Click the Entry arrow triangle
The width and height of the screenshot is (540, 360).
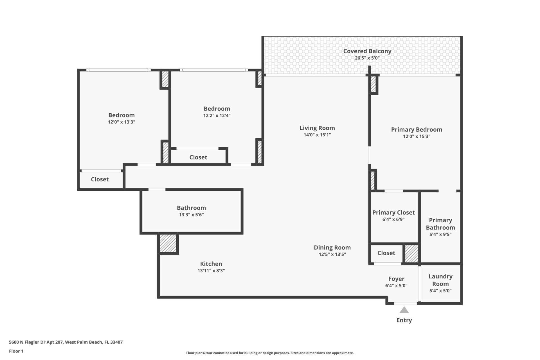coord(404,310)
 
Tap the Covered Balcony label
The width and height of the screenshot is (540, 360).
coord(367,51)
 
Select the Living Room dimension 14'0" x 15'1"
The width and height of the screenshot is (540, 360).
coord(317,135)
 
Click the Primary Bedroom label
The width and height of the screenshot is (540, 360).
coord(416,130)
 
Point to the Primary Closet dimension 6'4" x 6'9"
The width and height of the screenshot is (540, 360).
coord(393,219)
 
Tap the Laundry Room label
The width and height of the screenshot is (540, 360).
coord(440,280)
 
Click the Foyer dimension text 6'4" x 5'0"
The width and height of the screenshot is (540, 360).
coord(396,285)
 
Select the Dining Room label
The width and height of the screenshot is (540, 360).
coord(332,247)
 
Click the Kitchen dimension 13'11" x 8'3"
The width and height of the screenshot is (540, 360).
coord(211,271)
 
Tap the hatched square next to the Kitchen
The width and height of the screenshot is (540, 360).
coord(168,243)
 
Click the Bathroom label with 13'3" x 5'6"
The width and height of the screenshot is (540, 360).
coord(191,208)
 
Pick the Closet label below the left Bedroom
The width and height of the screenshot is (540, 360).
coord(100,179)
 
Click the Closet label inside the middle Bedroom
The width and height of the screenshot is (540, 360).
coord(198,157)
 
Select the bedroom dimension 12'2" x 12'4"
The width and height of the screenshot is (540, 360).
coord(217,115)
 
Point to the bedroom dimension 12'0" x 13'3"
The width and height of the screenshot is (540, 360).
coord(121,122)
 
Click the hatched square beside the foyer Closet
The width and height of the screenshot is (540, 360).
coord(411,254)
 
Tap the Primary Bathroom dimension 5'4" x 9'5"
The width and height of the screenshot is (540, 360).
coord(440,234)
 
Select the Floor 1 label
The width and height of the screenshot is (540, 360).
coord(16,351)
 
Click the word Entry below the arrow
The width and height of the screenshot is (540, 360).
coord(404,320)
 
